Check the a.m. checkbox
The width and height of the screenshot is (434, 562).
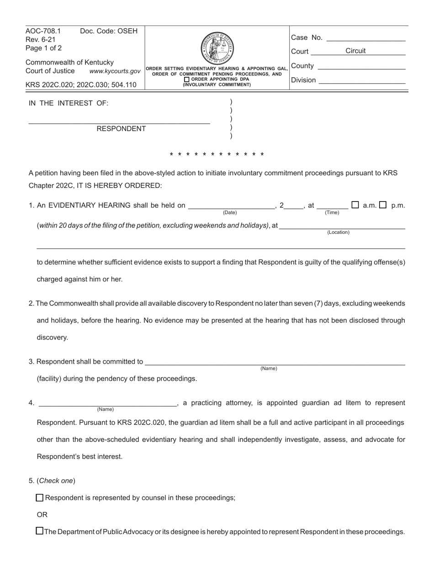355,205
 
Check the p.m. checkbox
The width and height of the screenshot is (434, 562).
383,205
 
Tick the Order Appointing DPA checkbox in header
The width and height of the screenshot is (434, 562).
186,80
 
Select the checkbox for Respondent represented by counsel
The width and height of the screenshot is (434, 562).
40,498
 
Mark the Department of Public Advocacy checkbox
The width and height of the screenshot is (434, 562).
40,531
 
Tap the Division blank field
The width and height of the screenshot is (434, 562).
362,80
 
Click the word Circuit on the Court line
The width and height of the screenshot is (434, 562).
355,51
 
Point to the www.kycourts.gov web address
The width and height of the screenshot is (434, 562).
115,71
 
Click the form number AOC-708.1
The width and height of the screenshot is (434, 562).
43,31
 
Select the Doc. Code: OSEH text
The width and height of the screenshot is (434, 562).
109,31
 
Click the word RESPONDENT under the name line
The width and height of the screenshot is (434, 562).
121,129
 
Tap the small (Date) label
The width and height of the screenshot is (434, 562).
230,212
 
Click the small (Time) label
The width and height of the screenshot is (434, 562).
332,212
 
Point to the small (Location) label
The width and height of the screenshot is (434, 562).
338,232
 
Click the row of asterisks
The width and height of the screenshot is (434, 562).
217,154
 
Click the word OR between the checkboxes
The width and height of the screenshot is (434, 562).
42,514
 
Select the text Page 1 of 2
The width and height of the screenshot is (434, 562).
43,48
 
